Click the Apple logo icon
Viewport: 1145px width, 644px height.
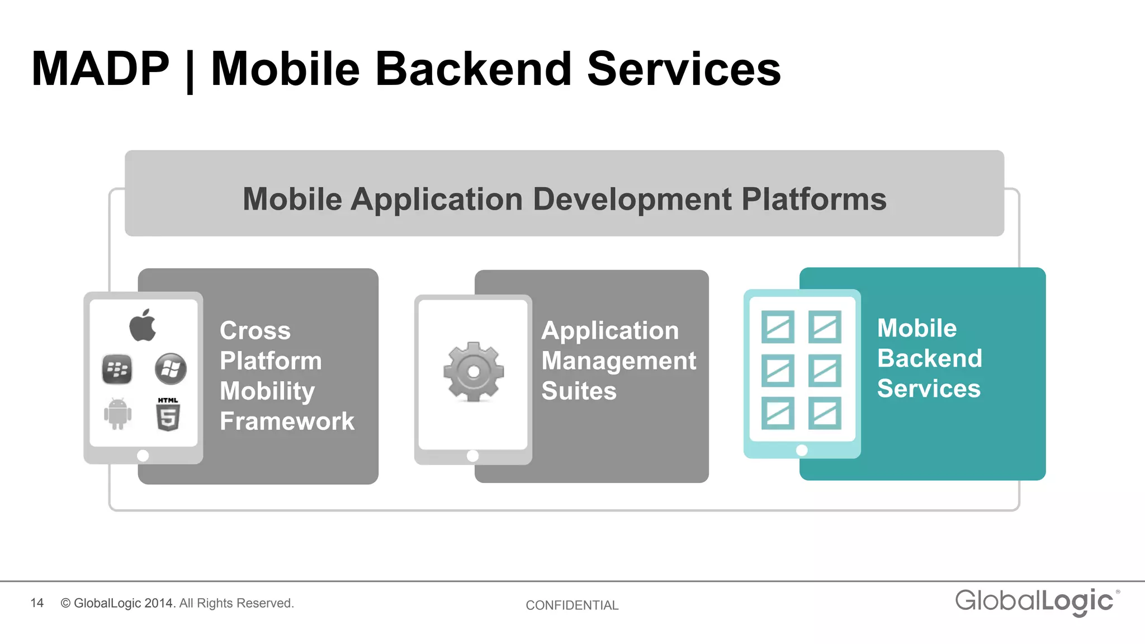143,325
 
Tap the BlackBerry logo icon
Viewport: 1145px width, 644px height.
117,369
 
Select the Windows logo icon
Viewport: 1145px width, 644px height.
171,369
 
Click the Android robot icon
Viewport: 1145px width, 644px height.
117,414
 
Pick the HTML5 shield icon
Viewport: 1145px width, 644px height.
168,415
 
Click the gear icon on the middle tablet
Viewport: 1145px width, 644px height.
474,371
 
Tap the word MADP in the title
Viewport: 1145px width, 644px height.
100,69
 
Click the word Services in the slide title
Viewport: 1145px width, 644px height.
683,69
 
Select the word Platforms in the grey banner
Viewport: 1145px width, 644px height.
813,199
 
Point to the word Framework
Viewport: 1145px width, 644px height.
287,421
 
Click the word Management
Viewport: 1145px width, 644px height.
618,361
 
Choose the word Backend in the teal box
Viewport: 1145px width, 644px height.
929,358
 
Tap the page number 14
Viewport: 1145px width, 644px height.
37,603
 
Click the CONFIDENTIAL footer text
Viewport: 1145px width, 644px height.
572,605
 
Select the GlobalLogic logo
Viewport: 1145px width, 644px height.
1036,602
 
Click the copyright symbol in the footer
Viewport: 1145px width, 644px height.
65,603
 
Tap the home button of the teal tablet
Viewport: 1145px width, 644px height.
802,450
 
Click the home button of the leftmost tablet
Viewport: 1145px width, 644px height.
143,456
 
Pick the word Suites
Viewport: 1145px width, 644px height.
579,391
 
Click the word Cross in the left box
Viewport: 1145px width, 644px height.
255,330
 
